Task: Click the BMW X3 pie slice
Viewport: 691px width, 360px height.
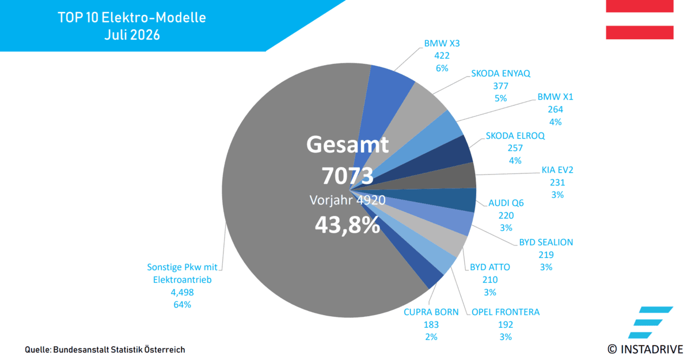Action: [382, 102]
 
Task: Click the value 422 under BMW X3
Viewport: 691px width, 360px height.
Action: [442, 56]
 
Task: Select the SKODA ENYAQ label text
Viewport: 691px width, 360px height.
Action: [500, 73]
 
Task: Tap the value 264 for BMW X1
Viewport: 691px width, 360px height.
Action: [555, 109]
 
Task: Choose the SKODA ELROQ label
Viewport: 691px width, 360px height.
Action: [515, 136]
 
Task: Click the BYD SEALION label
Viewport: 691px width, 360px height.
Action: [546, 242]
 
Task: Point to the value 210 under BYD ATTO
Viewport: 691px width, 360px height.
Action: [490, 280]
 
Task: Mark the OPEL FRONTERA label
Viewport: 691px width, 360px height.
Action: [506, 312]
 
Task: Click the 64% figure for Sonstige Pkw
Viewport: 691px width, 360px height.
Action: [183, 305]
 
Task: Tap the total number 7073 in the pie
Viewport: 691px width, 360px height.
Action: [348, 176]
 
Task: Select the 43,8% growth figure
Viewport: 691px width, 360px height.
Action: [348, 225]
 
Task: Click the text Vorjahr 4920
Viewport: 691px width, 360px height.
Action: [348, 200]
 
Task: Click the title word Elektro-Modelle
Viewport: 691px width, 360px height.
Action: [154, 18]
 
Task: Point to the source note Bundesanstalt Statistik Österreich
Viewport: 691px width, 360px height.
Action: [119, 350]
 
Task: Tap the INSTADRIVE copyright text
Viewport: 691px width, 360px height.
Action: [646, 349]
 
